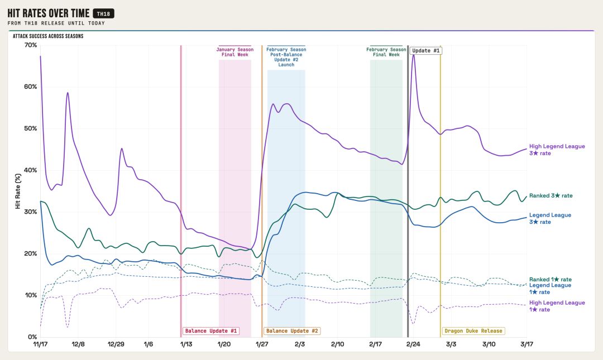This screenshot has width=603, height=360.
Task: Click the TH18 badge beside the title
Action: [x=103, y=13]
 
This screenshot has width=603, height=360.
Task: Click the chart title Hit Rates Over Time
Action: [x=48, y=13]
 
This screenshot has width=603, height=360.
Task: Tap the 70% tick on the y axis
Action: [x=31, y=45]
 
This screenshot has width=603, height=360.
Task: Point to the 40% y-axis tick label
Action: [x=31, y=170]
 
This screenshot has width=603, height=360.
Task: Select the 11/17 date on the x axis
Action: [x=40, y=344]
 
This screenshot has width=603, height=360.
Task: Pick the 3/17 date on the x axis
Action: [x=527, y=344]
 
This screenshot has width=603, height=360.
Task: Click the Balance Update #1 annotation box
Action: [x=211, y=331]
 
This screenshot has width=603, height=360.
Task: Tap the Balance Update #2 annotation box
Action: [x=292, y=331]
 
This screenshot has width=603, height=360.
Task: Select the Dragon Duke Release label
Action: [x=473, y=331]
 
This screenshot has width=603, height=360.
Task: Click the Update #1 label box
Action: [x=426, y=51]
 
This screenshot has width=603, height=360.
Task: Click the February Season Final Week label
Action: [x=386, y=52]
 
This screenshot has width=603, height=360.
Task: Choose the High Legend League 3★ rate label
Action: [x=557, y=150]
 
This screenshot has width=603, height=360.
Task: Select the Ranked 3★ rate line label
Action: [x=551, y=196]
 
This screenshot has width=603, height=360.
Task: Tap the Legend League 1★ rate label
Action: [x=550, y=289]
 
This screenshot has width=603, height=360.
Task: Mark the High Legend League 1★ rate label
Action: [x=557, y=306]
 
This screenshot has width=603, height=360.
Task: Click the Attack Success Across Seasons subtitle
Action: [x=48, y=36]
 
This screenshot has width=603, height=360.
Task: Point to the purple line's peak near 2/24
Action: [x=413, y=55]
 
